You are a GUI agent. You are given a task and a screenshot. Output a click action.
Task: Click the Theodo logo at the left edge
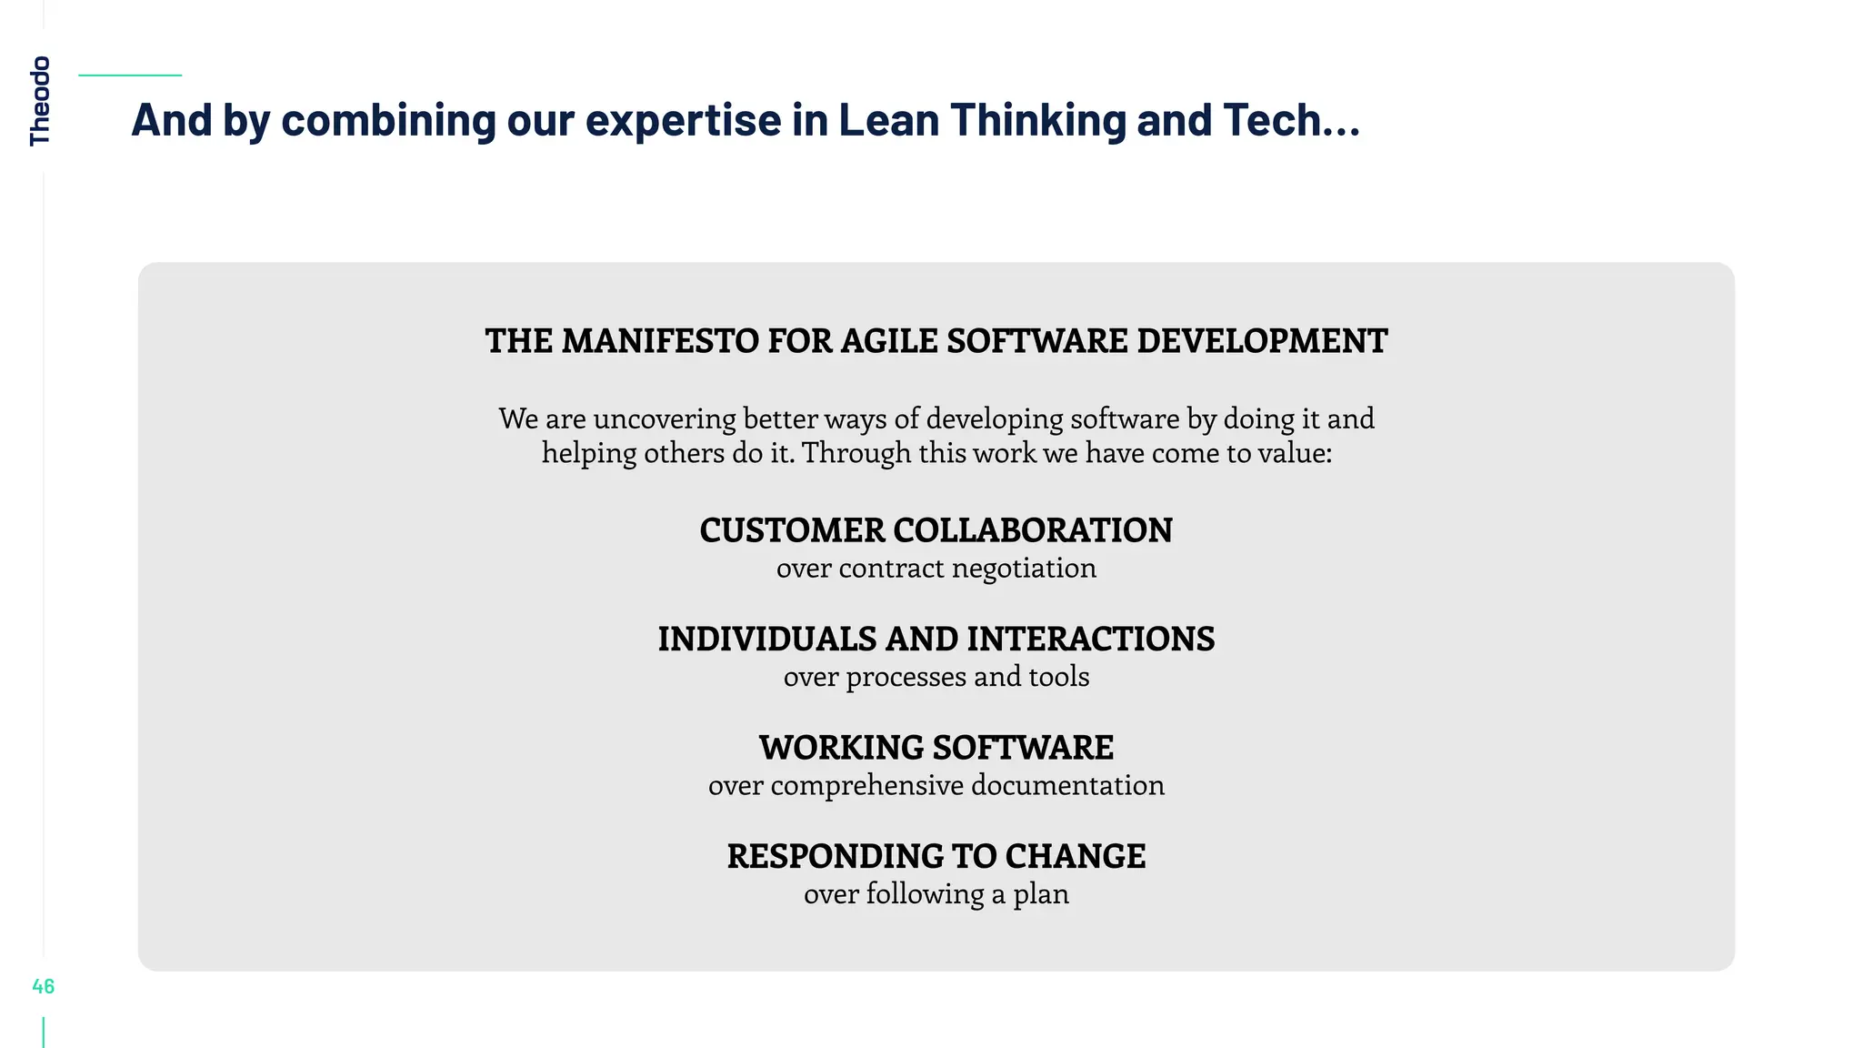pos(40,100)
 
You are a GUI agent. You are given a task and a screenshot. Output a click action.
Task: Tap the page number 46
pos(43,986)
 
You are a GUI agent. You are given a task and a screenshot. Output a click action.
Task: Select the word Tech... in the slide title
pos(1291,120)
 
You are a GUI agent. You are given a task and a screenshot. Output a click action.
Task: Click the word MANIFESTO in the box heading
pos(659,341)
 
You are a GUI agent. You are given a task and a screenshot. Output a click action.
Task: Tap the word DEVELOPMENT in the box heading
pos(1262,341)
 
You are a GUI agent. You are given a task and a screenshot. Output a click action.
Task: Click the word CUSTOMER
pos(792,530)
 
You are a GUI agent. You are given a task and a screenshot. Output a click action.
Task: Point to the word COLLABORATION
pos(1033,530)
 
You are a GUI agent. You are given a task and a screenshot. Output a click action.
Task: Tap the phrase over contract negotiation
pos(936,569)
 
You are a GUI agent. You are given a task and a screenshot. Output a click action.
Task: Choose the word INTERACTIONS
pos(1090,640)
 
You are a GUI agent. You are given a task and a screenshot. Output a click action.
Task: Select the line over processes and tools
pos(936,677)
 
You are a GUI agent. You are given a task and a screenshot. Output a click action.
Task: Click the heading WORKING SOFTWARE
pos(936,748)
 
